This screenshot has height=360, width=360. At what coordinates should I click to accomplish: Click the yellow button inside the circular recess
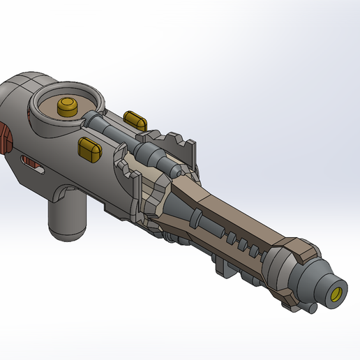(68, 107)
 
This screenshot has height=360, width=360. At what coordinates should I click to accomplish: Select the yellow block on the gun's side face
(89, 148)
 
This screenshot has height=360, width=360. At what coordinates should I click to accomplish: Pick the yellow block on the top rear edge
(134, 119)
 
